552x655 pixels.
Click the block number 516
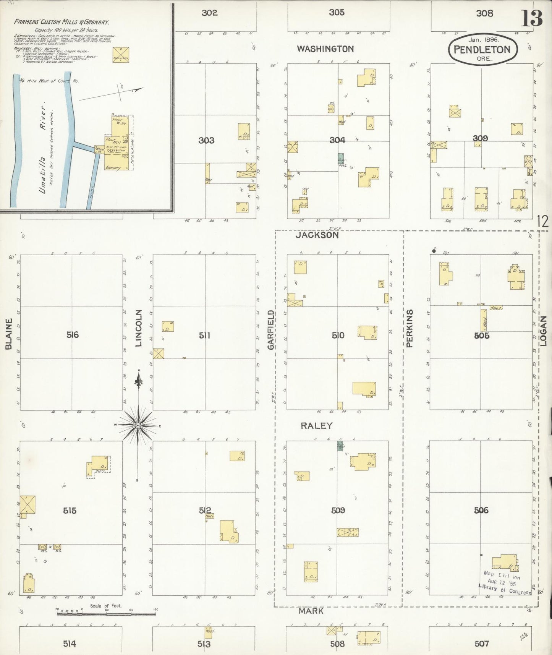72,335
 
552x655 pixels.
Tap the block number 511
205,336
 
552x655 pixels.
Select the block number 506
481,510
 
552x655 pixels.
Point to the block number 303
206,141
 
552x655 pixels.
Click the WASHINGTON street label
325,49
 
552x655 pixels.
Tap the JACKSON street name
317,235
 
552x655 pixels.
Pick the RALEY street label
316,426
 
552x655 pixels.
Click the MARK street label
311,611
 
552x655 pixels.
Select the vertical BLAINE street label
9,334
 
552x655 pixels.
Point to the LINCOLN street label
139,328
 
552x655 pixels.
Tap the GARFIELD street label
271,329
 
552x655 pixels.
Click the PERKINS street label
410,328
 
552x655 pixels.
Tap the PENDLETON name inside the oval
482,50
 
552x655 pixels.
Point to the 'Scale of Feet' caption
106,606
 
